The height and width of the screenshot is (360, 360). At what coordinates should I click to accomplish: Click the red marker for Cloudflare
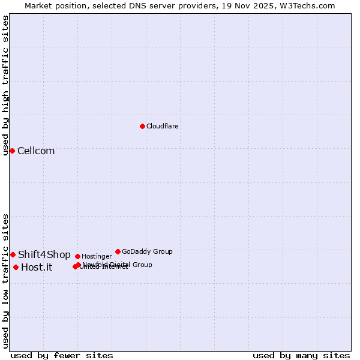(142, 126)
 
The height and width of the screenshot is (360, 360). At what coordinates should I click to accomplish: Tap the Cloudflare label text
(162, 126)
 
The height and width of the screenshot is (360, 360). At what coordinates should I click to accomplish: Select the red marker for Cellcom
(12, 151)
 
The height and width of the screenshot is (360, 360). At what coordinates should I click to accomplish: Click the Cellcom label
(36, 151)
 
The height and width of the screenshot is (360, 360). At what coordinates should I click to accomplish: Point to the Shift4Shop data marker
(13, 254)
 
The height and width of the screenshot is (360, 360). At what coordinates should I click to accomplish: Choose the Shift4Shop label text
(44, 255)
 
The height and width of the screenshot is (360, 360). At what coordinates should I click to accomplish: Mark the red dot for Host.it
(16, 267)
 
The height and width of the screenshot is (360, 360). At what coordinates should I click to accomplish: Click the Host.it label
(37, 268)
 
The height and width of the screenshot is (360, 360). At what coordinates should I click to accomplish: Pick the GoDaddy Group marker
(118, 251)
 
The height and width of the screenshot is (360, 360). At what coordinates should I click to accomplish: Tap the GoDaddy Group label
(147, 251)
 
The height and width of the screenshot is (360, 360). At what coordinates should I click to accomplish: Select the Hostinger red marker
(77, 256)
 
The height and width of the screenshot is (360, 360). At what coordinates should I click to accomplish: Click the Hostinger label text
(97, 257)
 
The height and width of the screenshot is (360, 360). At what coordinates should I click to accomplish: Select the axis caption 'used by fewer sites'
(62, 355)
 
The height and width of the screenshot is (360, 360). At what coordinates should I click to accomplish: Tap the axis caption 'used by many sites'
(301, 355)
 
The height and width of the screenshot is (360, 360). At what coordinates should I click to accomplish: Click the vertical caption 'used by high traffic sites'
(5, 85)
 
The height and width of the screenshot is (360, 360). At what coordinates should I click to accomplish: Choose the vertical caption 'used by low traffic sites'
(5, 281)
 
